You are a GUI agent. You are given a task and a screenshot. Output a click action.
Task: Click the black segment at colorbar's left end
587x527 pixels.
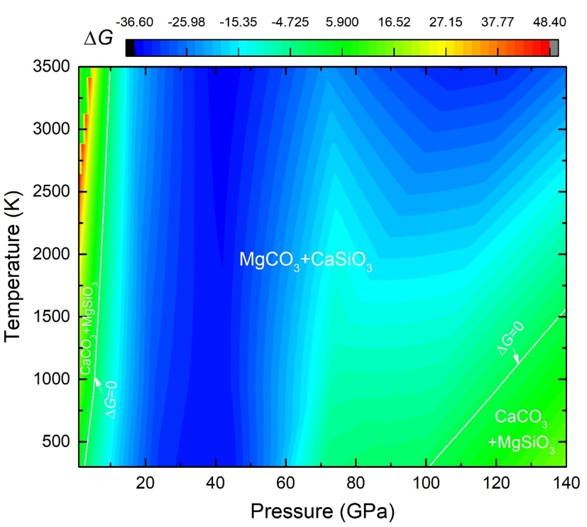click(130, 48)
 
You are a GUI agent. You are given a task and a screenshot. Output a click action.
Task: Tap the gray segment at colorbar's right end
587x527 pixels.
click(554, 48)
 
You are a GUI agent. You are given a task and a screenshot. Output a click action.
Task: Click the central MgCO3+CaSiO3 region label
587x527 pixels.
click(306, 260)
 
